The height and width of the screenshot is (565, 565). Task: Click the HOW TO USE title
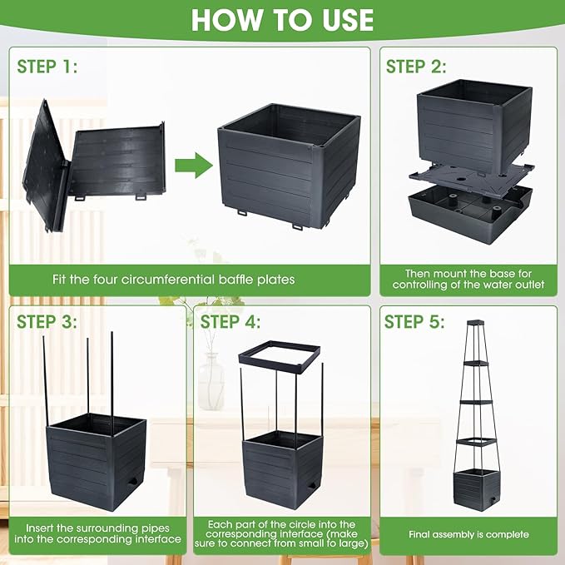tap(282, 19)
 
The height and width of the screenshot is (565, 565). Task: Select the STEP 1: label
tap(47, 67)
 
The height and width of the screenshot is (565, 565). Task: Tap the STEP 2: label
tap(416, 67)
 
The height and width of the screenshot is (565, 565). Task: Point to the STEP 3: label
tap(47, 322)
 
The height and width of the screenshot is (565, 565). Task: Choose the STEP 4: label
tap(230, 322)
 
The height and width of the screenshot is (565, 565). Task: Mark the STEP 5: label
tap(414, 322)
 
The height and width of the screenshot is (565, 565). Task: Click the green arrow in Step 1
tap(194, 166)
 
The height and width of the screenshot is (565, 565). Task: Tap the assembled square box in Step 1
tap(289, 166)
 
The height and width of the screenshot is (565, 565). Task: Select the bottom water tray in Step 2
tap(470, 213)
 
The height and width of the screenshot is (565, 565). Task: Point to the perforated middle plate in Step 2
tap(471, 176)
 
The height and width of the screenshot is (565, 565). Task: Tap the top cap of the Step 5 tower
tap(476, 322)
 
